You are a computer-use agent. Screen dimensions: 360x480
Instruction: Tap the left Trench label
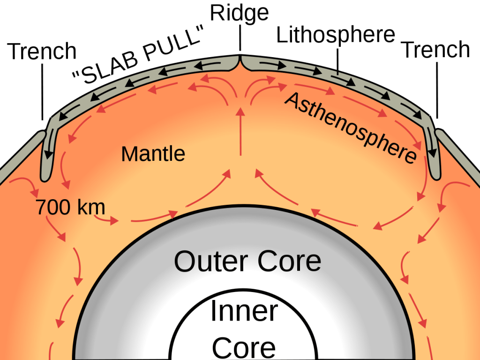click(x=43, y=51)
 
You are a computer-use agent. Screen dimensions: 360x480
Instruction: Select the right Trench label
click(x=436, y=49)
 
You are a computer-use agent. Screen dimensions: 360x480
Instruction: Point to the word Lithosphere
click(x=335, y=35)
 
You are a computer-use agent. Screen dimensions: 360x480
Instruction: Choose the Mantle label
click(x=153, y=153)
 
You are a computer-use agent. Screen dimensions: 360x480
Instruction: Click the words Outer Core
click(x=247, y=261)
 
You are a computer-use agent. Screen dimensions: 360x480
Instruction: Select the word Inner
click(x=244, y=312)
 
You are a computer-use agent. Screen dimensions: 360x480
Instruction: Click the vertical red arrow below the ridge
click(x=241, y=131)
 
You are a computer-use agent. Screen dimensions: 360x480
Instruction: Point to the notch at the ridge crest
click(x=240, y=59)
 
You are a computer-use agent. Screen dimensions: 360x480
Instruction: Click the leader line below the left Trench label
click(x=43, y=91)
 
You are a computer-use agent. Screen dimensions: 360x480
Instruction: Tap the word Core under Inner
click(x=244, y=347)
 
